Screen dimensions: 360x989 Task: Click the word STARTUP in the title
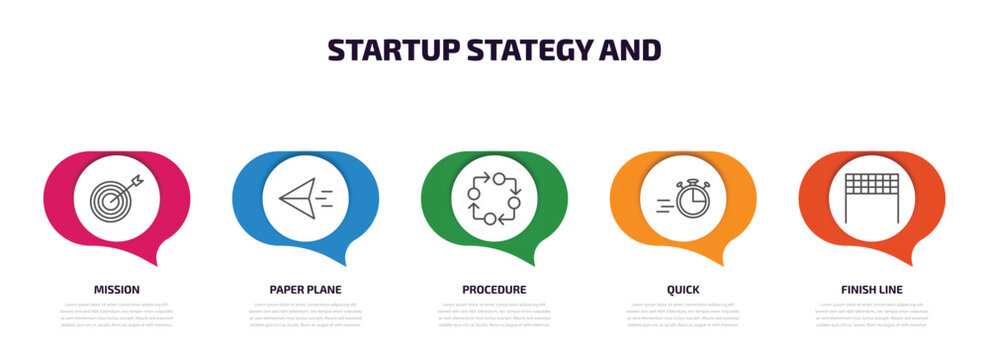pyautogui.click(x=385, y=49)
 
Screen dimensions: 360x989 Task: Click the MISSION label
pyautogui.click(x=117, y=289)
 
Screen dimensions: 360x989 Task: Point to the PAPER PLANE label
pyautogui.click(x=305, y=289)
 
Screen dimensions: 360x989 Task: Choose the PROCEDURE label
pyautogui.click(x=494, y=289)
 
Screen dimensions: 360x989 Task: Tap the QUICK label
pyautogui.click(x=683, y=289)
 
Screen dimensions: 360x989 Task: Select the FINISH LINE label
pyautogui.click(x=872, y=289)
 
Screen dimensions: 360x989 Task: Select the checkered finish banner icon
pyautogui.click(x=872, y=196)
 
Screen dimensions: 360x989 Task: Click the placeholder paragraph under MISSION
pyautogui.click(x=117, y=314)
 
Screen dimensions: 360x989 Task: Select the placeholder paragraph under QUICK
pyautogui.click(x=683, y=314)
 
